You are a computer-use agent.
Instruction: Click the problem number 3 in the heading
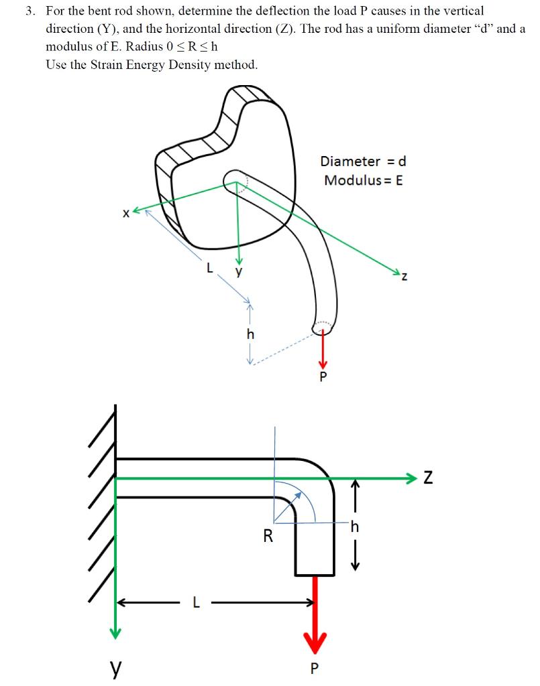pyautogui.click(x=29, y=11)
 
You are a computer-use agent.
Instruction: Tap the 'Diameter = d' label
pyautogui.click(x=363, y=161)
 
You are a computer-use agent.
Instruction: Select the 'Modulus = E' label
pyautogui.click(x=363, y=180)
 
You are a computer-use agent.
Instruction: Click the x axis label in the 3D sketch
pyautogui.click(x=125, y=214)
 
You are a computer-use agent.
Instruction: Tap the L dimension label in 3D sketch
pyautogui.click(x=211, y=268)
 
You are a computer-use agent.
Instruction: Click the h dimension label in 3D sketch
pyautogui.click(x=251, y=333)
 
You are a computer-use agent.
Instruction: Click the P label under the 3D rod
pyautogui.click(x=323, y=376)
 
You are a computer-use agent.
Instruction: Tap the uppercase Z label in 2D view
pyautogui.click(x=427, y=478)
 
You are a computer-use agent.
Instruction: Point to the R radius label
pyautogui.click(x=268, y=536)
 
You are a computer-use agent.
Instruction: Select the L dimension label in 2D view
pyautogui.click(x=195, y=603)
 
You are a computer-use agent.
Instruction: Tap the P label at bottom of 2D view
pyautogui.click(x=315, y=668)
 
